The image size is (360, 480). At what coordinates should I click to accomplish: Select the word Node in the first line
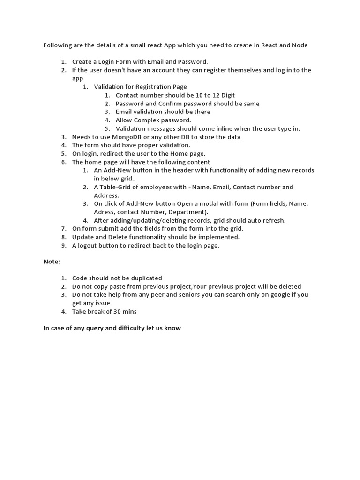point(300,45)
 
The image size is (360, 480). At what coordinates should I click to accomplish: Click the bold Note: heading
point(52,261)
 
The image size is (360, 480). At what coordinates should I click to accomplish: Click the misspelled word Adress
point(104,212)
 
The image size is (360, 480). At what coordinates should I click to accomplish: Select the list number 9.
point(63,245)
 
